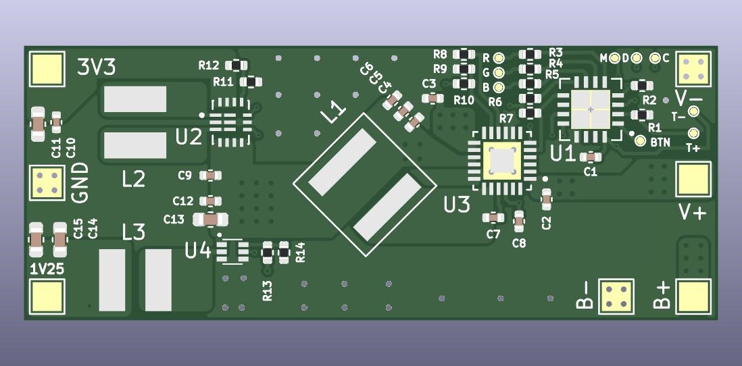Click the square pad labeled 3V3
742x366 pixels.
click(47, 69)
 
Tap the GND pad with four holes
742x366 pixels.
click(47, 183)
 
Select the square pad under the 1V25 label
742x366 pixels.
click(47, 296)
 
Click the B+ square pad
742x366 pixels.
click(693, 296)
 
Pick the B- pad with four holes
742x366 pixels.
click(616, 296)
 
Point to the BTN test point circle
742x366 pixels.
click(640, 141)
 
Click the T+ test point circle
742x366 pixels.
click(693, 133)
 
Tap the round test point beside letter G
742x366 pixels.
click(498, 73)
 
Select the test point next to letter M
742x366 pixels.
click(614, 58)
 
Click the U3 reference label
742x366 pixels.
click(457, 205)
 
